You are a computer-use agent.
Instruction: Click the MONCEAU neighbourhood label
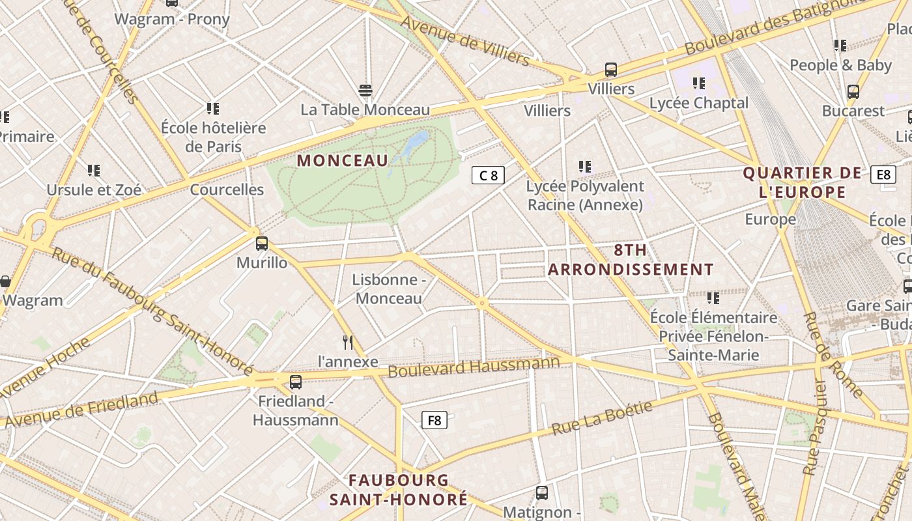pyautogui.click(x=343, y=160)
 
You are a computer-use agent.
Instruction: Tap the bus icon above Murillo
pyautogui.click(x=262, y=244)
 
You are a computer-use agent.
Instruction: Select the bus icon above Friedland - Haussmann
pyautogui.click(x=296, y=382)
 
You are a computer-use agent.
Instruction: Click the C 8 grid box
pyautogui.click(x=488, y=175)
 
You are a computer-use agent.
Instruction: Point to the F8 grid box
pyautogui.click(x=435, y=420)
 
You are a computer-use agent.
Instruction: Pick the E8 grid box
pyautogui.click(x=883, y=175)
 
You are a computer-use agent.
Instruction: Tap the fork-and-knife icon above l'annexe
pyautogui.click(x=348, y=343)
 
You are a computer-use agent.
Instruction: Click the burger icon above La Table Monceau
pyautogui.click(x=365, y=91)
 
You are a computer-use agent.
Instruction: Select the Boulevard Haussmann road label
pyautogui.click(x=474, y=367)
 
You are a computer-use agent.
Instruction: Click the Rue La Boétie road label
pyautogui.click(x=602, y=418)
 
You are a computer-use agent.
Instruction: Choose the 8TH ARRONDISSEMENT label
pyautogui.click(x=631, y=260)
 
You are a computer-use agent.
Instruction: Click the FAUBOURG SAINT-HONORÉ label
pyautogui.click(x=398, y=490)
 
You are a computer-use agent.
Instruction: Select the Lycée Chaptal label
pyautogui.click(x=699, y=103)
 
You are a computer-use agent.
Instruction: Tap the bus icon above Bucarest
pyautogui.click(x=853, y=92)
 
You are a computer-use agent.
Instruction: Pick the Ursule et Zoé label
pyautogui.click(x=94, y=190)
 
